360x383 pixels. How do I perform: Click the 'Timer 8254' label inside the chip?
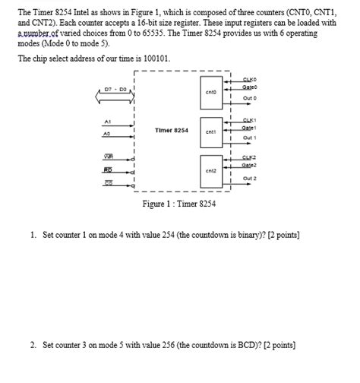171,131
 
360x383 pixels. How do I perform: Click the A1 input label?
109,122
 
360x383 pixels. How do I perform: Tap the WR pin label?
109,157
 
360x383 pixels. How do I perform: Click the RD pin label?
109,170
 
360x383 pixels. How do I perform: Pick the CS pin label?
109,183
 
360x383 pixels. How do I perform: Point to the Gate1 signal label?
248,128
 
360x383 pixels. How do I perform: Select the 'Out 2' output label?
250,179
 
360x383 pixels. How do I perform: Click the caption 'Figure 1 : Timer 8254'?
178,204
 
